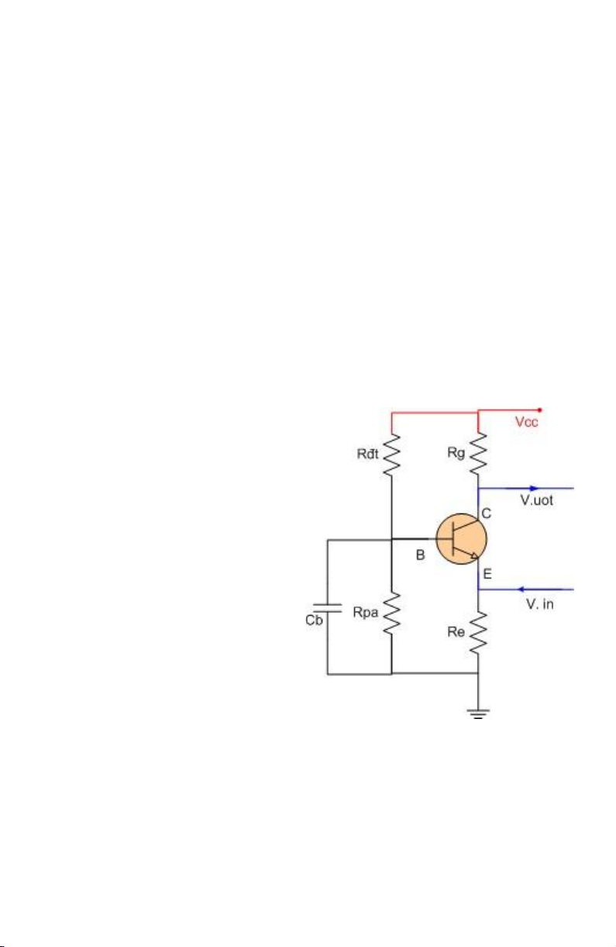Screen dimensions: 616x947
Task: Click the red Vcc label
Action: click(x=526, y=422)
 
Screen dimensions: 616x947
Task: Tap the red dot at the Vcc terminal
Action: click(x=539, y=410)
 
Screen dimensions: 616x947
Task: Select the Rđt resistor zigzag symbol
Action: click(x=391, y=455)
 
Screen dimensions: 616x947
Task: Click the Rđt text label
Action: click(x=367, y=454)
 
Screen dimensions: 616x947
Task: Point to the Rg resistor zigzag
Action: click(x=478, y=454)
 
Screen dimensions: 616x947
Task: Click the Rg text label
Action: click(x=456, y=453)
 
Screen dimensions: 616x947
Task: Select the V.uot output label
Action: click(x=536, y=500)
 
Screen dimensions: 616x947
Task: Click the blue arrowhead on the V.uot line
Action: click(x=534, y=489)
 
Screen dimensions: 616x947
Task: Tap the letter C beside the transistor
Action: click(x=487, y=513)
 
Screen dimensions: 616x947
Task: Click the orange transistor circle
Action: click(x=461, y=538)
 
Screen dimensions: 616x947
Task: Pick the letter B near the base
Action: click(x=420, y=555)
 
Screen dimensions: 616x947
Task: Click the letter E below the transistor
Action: click(x=487, y=574)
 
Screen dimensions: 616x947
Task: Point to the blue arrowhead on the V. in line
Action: click(x=522, y=589)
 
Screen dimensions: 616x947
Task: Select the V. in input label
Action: click(x=539, y=604)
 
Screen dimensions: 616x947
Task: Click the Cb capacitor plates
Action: click(x=328, y=608)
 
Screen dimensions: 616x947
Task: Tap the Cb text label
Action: click(x=314, y=620)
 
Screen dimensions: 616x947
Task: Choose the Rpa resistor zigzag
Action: click(x=391, y=613)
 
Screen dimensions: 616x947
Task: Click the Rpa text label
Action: click(x=366, y=612)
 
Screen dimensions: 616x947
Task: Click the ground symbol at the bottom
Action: click(x=478, y=714)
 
